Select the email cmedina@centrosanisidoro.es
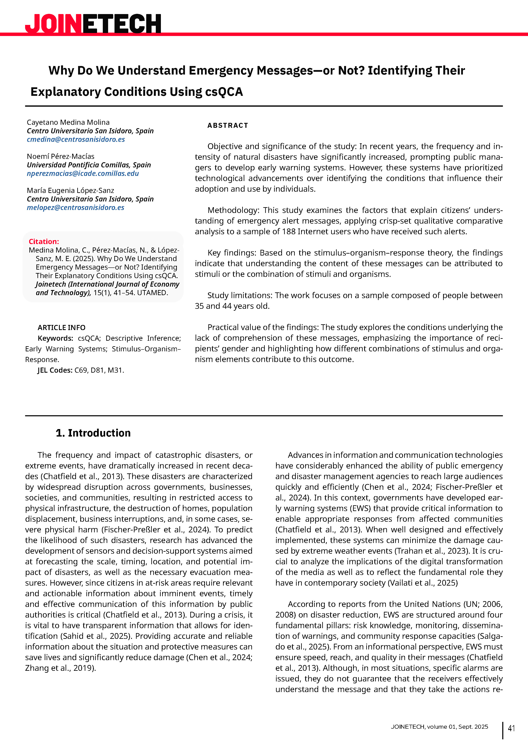[x=76, y=139]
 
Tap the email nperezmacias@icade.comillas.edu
[x=83, y=173]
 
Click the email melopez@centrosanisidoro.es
[x=75, y=208]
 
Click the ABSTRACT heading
[x=228, y=126]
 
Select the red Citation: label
[x=44, y=241]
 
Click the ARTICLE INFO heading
[x=62, y=328]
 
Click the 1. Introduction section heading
[x=93, y=433]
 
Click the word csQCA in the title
[x=224, y=92]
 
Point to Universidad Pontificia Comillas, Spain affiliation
[x=89, y=165]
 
